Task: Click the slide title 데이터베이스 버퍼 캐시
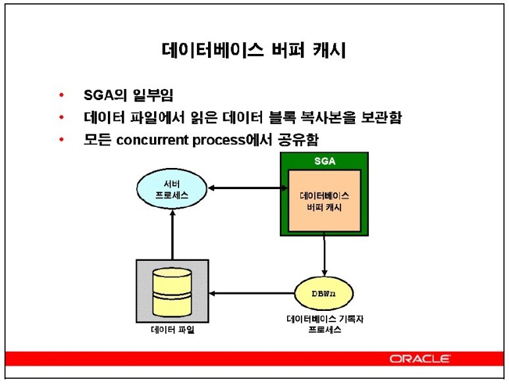(254, 51)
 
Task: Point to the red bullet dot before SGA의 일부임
(62, 96)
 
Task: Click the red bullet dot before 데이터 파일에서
(62, 119)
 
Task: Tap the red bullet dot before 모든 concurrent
(62, 140)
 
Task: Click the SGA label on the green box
(324, 161)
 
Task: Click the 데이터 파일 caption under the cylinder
(172, 330)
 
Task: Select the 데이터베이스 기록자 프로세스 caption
(325, 324)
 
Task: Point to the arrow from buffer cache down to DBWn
(324, 256)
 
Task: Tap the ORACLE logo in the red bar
(420, 359)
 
